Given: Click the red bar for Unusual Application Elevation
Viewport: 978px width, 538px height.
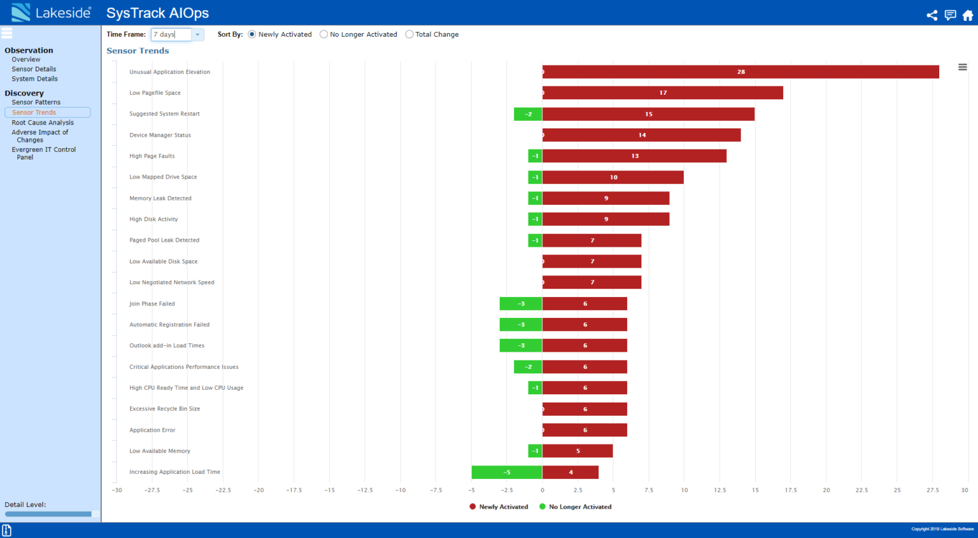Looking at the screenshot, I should pos(741,72).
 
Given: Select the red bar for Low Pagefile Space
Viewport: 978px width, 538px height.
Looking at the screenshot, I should pos(662,93).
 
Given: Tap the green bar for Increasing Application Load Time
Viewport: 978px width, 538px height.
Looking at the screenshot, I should pos(507,472).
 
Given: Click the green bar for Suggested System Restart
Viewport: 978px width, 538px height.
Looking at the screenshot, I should pos(528,114).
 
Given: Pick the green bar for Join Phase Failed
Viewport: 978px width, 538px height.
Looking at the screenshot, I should pos(521,303).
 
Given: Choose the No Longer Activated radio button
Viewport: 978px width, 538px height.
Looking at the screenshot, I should pos(324,34).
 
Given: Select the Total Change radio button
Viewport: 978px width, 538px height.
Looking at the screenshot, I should pos(409,34).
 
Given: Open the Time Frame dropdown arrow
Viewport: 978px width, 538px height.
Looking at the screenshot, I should pos(197,34).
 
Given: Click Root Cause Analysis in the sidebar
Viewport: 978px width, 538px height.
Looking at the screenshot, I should pos(43,123).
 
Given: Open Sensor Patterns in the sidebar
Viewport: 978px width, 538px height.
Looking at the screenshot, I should pos(36,102).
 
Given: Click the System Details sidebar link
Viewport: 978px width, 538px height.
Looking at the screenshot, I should pos(34,79).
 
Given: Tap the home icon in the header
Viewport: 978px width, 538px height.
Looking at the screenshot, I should pos(968,15).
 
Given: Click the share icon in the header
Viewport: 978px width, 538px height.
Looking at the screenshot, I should pos(932,15).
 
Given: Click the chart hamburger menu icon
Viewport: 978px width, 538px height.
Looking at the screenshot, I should pos(963,67).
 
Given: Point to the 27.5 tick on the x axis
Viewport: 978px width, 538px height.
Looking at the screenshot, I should pos(933,490).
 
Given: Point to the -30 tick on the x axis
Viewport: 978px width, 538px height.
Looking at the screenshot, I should pos(117,490).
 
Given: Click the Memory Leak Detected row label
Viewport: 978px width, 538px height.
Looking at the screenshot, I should pos(160,198).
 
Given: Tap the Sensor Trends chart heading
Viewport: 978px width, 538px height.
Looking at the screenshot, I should pos(138,51).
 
